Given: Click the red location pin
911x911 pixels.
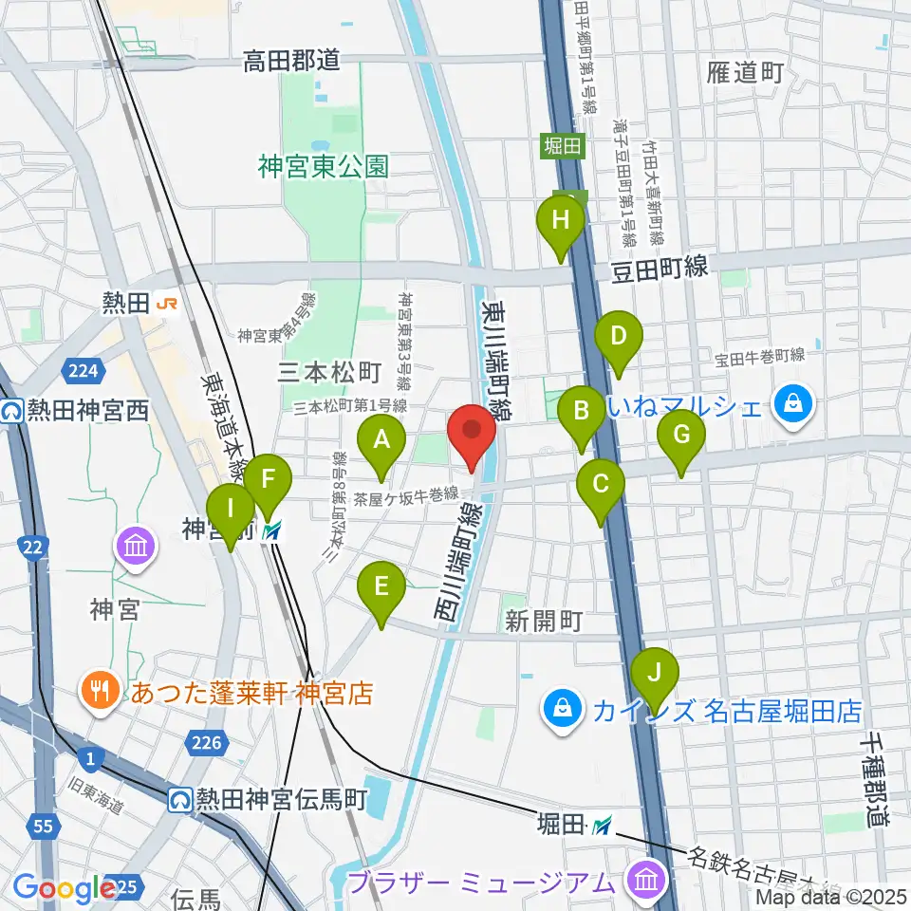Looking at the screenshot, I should click(x=472, y=432).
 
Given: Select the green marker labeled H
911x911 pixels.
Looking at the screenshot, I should click(x=561, y=226).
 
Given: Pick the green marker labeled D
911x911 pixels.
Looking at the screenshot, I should click(x=619, y=340).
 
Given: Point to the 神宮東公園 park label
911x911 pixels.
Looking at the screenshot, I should click(x=323, y=167).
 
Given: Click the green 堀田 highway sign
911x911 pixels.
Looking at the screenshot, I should click(x=566, y=146).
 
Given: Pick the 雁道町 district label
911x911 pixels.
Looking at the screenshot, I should click(x=746, y=72).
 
